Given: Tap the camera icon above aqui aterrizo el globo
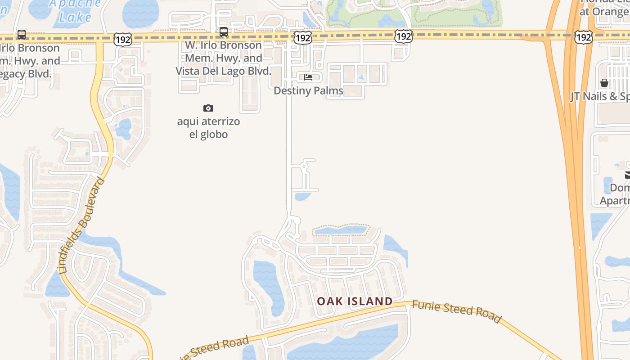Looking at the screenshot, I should click(x=208, y=108).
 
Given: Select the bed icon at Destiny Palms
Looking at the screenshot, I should click(x=308, y=77).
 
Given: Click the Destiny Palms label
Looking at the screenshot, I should click(x=308, y=90).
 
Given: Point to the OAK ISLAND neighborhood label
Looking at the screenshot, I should click(x=355, y=301).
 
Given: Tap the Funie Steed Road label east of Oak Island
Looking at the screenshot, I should click(x=456, y=311).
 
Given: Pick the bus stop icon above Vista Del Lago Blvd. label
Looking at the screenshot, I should click(x=223, y=32).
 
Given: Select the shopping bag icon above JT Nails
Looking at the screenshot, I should click(x=604, y=83).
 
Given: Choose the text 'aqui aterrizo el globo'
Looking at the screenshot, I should click(x=208, y=128).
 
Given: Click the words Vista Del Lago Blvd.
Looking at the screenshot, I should click(x=223, y=71).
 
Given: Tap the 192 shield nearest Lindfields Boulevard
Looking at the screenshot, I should click(x=122, y=39).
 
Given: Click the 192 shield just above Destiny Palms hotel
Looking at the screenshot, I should click(x=302, y=38).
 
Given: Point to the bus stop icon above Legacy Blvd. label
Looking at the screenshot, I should click(x=21, y=34).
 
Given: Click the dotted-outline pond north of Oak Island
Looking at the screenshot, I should click(x=341, y=230).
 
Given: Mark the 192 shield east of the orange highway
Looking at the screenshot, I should click(x=583, y=37).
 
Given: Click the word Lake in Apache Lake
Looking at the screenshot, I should click(x=75, y=18).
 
